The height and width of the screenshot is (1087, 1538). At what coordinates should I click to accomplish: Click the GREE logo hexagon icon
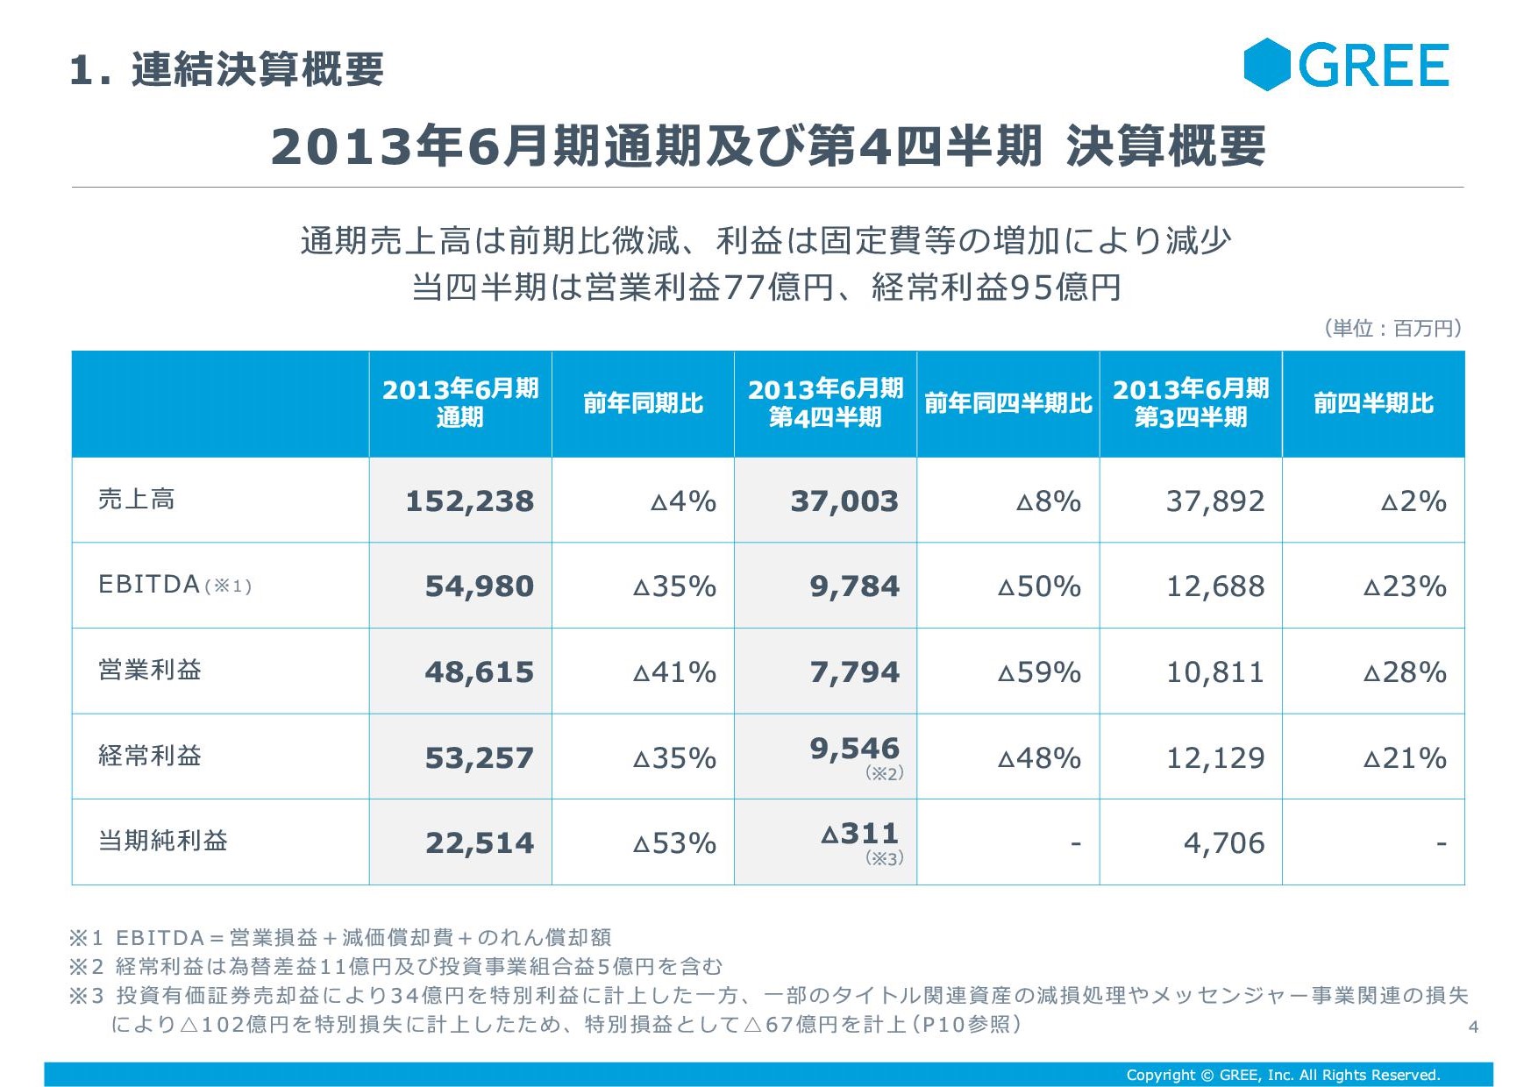click(1267, 65)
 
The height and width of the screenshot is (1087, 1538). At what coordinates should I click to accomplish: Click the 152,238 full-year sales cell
click(469, 501)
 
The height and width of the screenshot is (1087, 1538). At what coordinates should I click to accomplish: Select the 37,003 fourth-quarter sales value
click(844, 501)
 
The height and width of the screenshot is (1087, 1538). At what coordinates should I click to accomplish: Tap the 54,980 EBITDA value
click(479, 586)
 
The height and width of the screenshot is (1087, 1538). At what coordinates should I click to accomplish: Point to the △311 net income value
click(860, 834)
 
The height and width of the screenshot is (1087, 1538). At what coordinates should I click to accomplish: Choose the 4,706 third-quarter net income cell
click(1224, 843)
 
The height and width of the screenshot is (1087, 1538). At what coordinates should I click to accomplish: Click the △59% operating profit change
click(1039, 672)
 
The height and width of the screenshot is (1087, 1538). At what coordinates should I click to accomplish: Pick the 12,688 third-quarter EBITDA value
click(1214, 586)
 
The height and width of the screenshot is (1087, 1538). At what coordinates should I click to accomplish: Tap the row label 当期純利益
click(163, 841)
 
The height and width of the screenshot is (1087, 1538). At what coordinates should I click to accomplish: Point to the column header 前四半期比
click(1373, 403)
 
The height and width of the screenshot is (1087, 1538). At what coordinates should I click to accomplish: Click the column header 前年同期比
click(643, 403)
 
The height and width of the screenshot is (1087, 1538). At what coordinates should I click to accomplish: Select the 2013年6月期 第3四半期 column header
click(1191, 403)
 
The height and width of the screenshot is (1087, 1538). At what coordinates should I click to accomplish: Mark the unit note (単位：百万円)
click(1392, 328)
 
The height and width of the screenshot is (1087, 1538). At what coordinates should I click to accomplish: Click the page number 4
click(1473, 1027)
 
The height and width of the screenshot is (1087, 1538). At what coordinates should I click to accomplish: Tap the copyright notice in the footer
click(1283, 1075)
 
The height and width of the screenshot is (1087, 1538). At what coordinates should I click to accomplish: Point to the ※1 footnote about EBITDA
click(340, 938)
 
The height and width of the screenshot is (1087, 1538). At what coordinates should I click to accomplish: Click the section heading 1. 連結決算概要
click(227, 69)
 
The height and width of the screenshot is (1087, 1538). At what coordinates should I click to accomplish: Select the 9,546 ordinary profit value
click(854, 749)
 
